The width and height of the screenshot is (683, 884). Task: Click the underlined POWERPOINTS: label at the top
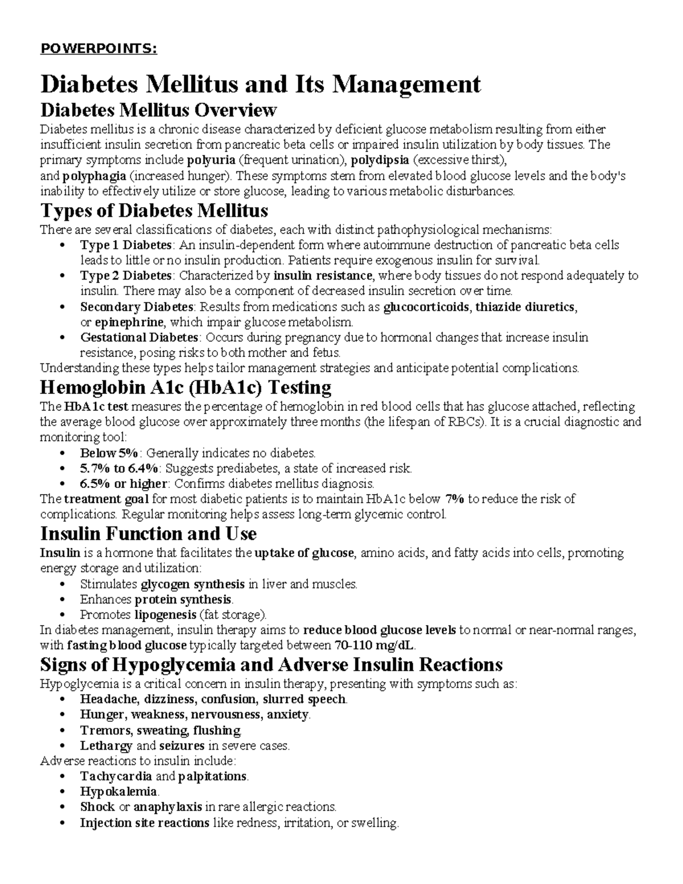(98, 49)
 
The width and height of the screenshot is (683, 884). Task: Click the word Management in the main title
(406, 84)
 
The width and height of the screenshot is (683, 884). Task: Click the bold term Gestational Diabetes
(139, 338)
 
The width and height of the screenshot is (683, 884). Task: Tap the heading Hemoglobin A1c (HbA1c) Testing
(186, 388)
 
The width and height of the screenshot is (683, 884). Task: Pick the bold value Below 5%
(109, 453)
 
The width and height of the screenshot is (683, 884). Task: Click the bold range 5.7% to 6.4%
(119, 468)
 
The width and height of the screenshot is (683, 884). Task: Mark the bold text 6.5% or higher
(124, 484)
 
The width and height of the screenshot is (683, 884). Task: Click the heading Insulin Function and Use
(148, 534)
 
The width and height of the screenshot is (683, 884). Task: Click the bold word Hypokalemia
(118, 791)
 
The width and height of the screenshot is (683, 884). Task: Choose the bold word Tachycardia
(116, 776)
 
